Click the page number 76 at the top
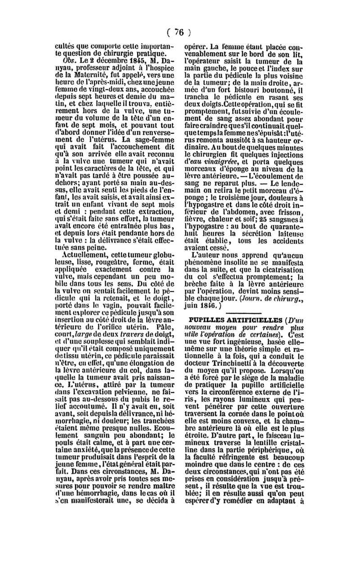point(180,32)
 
